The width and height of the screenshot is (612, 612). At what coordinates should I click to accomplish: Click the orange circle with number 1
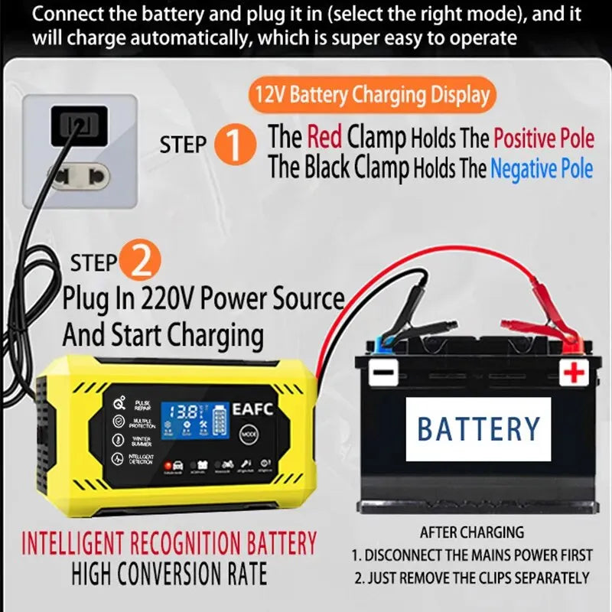pyautogui.click(x=236, y=145)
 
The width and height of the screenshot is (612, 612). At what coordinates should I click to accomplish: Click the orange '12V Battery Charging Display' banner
pyautogui.click(x=372, y=96)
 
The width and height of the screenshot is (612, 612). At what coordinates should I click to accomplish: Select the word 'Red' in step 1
pyautogui.click(x=324, y=138)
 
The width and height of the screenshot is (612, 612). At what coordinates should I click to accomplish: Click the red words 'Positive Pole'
pyautogui.click(x=544, y=138)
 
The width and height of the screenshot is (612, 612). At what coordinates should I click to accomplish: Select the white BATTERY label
pyautogui.click(x=478, y=428)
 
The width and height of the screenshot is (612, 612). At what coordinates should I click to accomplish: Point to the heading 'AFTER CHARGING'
pyautogui.click(x=472, y=532)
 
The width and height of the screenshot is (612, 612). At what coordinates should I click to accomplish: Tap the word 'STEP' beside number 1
pyautogui.click(x=184, y=145)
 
